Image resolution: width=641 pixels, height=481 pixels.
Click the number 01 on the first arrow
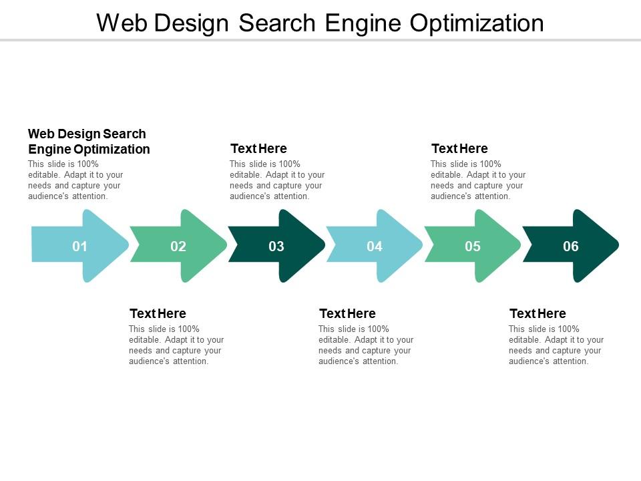(x=80, y=247)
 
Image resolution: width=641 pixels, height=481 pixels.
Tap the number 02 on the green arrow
(x=178, y=247)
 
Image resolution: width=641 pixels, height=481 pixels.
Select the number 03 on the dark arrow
(x=276, y=247)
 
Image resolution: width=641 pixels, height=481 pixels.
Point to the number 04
(x=375, y=247)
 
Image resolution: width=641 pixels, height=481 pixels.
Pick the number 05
(x=473, y=247)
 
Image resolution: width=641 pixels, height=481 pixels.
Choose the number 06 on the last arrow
(x=571, y=247)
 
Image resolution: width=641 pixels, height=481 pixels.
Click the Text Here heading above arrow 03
(x=258, y=148)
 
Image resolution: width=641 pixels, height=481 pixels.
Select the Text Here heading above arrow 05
(x=459, y=148)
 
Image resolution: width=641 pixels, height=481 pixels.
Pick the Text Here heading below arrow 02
(x=158, y=313)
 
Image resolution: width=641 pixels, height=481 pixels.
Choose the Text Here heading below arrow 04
(x=347, y=313)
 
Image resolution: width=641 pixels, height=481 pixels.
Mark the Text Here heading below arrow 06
(x=538, y=313)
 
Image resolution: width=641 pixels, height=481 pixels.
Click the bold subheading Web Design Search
(x=87, y=134)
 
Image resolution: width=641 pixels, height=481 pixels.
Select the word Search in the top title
(x=279, y=23)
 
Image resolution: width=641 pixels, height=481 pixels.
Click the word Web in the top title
(x=123, y=23)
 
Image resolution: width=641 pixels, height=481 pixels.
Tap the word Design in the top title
(x=193, y=23)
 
